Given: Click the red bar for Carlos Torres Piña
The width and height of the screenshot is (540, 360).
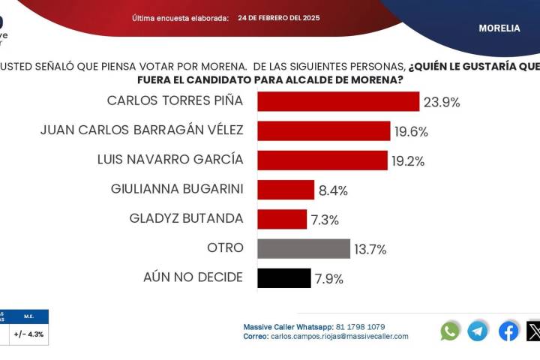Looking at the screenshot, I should tap(338, 101).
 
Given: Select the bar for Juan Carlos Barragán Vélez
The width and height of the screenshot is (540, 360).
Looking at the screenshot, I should tap(324, 130).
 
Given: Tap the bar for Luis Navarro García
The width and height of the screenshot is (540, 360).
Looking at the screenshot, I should tap(322, 160).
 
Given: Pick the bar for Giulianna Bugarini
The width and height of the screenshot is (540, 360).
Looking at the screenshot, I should tap(286, 190).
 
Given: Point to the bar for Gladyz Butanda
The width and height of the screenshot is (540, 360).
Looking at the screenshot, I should tap(282, 219).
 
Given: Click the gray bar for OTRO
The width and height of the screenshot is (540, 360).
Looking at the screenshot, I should tap(304, 248).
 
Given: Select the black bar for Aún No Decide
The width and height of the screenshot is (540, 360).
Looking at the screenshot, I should tap(283, 278).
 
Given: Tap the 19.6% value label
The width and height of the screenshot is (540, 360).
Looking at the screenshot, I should tap(412, 132).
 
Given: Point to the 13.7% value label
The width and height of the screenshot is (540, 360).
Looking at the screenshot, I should tap(370, 250).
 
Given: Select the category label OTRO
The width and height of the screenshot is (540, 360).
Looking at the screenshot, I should tap(225, 247).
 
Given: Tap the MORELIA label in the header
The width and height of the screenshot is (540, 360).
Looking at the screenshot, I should tap(499, 28).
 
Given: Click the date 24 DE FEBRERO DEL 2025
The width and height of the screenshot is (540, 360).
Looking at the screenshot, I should tap(278, 17).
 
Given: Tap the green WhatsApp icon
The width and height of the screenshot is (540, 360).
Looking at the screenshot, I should tap(450, 331).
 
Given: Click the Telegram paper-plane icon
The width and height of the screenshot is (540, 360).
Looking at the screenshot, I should tap(478, 331).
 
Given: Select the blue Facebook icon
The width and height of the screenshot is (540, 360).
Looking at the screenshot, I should tap(508, 331).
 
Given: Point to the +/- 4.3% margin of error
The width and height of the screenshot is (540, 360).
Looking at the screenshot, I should tap(28, 334).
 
